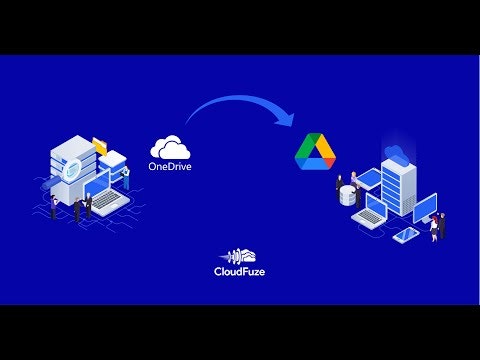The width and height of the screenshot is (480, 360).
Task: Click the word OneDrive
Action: [x=170, y=166]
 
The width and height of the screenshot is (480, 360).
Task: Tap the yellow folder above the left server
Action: [x=99, y=145]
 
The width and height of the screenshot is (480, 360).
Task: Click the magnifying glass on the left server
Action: [x=72, y=171]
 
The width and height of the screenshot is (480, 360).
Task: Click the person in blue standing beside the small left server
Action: [x=126, y=177]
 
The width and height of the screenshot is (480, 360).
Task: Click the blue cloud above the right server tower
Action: [x=395, y=152]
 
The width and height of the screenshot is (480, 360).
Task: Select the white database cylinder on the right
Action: [x=347, y=196]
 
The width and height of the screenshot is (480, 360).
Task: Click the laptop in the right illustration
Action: [x=375, y=211]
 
